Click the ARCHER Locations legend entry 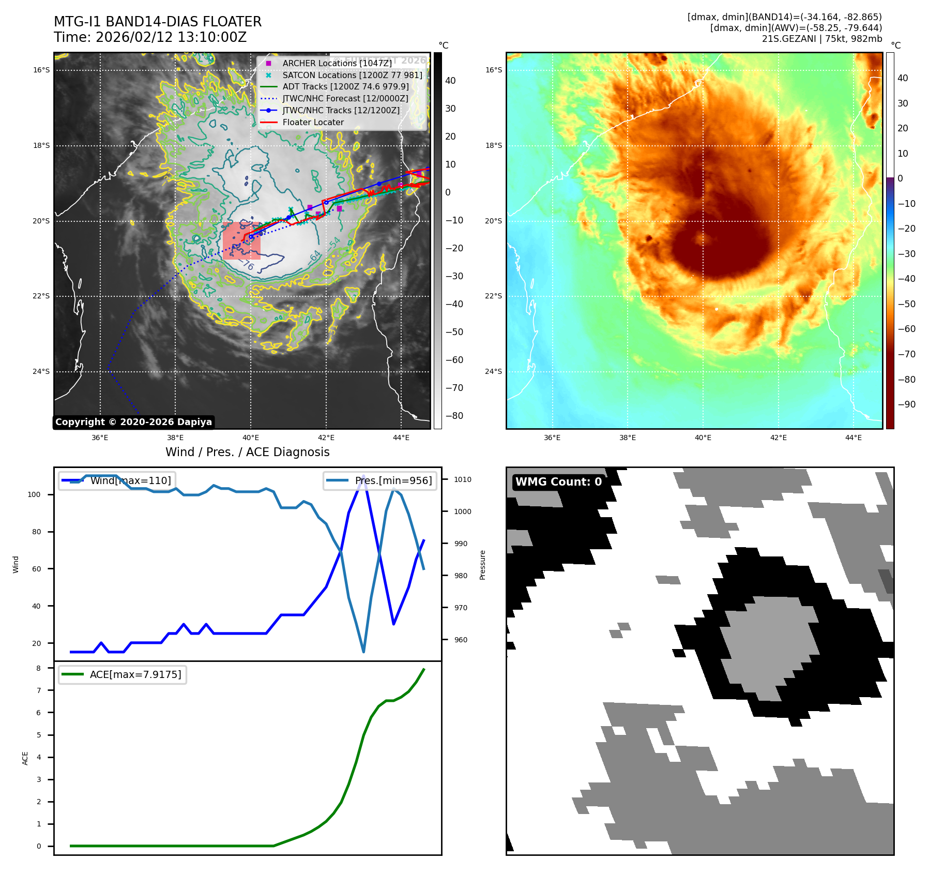tap(337, 63)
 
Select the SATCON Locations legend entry tap(352, 75)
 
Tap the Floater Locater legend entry tap(313, 123)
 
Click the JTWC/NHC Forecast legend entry tap(345, 99)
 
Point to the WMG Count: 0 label tap(558, 482)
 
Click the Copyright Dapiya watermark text tap(133, 422)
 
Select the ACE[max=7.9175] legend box tap(123, 675)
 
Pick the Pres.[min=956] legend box tap(380, 480)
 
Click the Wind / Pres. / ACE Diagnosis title tap(247, 452)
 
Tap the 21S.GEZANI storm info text tap(821, 39)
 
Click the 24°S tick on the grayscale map tap(42, 371)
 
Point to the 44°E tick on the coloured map tap(853, 438)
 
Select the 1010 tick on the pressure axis tap(462, 479)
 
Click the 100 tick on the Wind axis tap(34, 494)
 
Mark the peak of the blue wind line tap(364, 475)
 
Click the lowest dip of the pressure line tap(363, 652)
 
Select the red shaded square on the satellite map tap(241, 240)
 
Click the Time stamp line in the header tap(150, 38)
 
